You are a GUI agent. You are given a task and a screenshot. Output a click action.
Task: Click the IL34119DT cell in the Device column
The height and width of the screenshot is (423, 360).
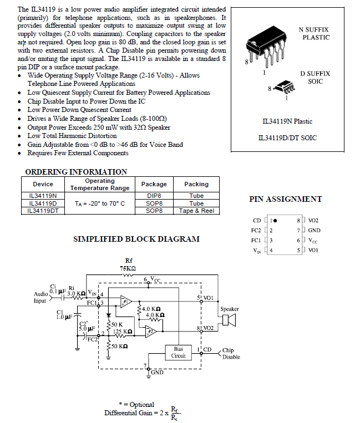pyautogui.click(x=43, y=211)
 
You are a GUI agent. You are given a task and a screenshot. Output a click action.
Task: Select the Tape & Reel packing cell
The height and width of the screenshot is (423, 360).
pyautogui.click(x=196, y=211)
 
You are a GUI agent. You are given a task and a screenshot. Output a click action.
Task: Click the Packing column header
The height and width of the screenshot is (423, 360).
pyautogui.click(x=196, y=184)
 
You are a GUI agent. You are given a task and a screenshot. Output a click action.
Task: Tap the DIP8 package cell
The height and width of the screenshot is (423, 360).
pyautogui.click(x=154, y=196)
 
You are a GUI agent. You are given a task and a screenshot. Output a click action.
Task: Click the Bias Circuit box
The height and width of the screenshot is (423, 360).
pyautogui.click(x=178, y=353)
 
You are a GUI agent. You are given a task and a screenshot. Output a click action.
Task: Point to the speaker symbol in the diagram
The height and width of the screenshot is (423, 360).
pyautogui.click(x=229, y=320)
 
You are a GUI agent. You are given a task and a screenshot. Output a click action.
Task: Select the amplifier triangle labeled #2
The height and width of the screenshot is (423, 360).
pyautogui.click(x=150, y=332)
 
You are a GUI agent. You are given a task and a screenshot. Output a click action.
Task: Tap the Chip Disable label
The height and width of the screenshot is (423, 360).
pyautogui.click(x=231, y=354)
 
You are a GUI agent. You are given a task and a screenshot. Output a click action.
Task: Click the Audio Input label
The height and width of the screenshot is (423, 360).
pyautogui.click(x=40, y=297)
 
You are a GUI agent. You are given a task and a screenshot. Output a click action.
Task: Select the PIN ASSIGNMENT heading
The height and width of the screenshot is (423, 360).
pyautogui.click(x=286, y=199)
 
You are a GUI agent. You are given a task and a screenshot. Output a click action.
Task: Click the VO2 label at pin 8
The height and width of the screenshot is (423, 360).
pyautogui.click(x=313, y=221)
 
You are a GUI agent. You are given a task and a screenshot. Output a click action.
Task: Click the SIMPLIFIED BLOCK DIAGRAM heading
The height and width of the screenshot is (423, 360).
pyautogui.click(x=136, y=239)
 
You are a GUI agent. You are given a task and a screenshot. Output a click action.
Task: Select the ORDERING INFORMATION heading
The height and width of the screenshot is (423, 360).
pyautogui.click(x=76, y=172)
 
